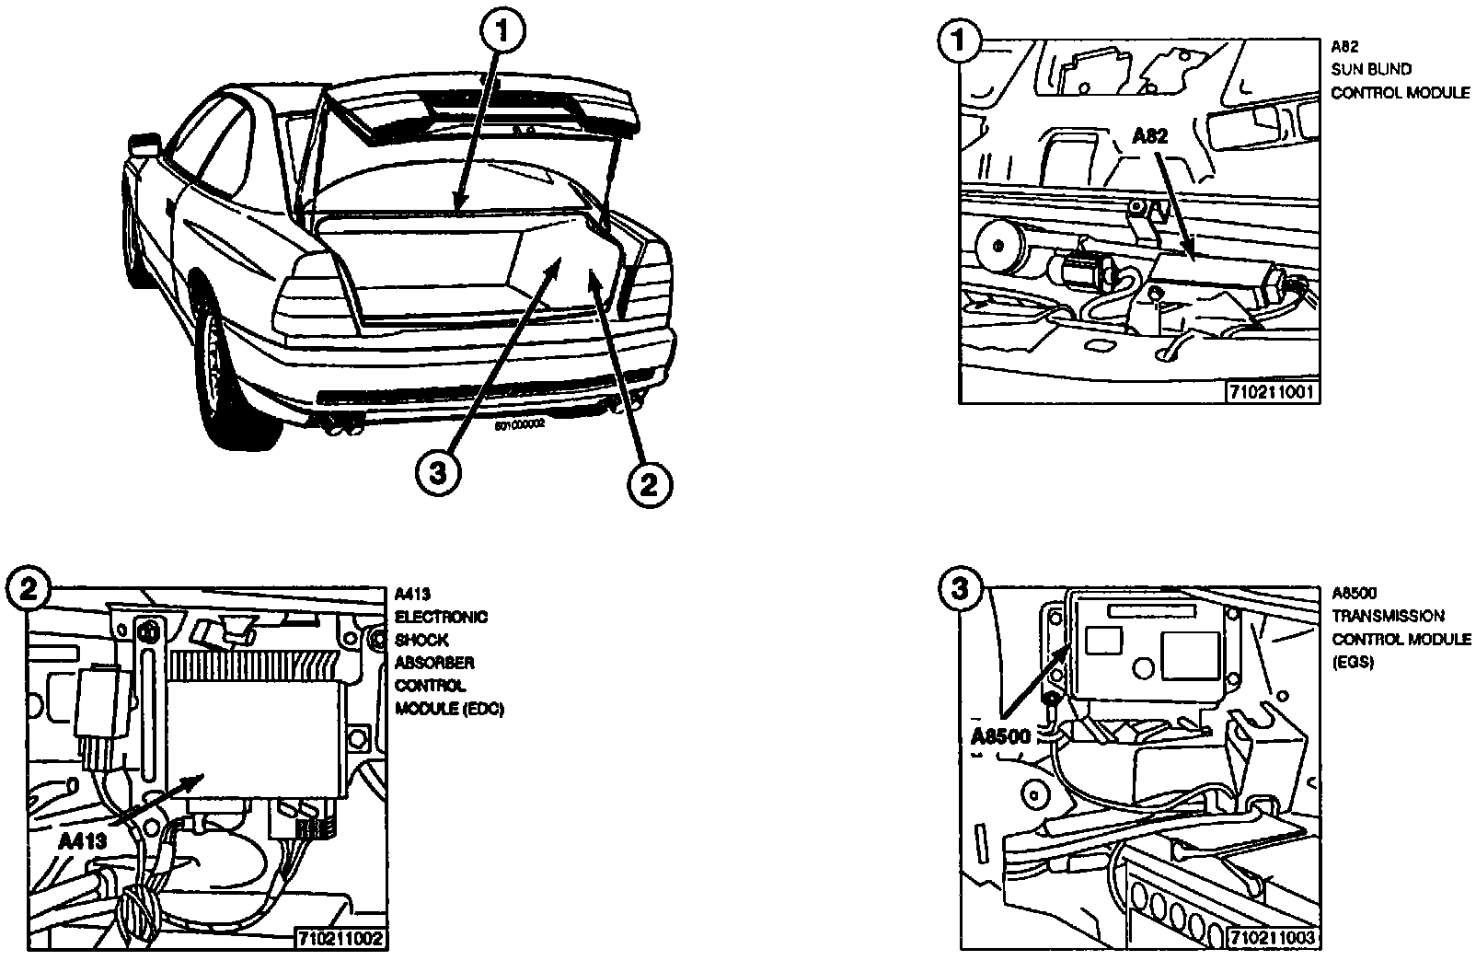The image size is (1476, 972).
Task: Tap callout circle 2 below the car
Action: (649, 483)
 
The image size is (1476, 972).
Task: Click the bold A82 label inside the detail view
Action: (1149, 136)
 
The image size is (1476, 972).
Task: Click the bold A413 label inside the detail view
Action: (83, 840)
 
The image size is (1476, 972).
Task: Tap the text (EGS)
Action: (1353, 662)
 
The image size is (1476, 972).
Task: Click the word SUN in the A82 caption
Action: (1345, 68)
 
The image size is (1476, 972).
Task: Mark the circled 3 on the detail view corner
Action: (960, 589)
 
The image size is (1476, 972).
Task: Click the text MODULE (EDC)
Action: (449, 709)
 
